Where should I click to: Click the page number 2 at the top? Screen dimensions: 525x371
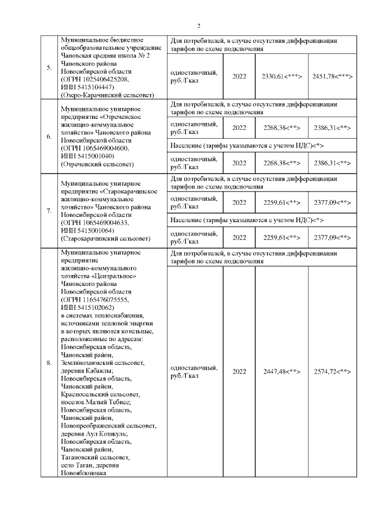(199, 26)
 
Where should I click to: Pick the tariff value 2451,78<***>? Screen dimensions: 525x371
(333, 77)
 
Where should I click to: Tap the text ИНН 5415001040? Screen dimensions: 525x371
(87, 156)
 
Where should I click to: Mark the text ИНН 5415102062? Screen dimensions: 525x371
(87, 307)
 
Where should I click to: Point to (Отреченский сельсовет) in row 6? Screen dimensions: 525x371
(96, 164)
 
